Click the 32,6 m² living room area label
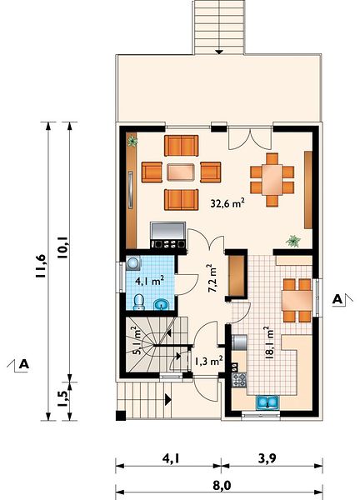point(227,202)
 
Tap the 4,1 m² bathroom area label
point(149,281)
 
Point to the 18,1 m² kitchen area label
point(269,342)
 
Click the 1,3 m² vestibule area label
point(208,361)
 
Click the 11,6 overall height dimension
point(41,267)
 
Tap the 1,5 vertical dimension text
point(62,398)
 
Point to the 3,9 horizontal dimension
point(267,458)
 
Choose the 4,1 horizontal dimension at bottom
point(171,458)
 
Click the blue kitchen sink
point(267,402)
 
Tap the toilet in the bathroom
point(138,302)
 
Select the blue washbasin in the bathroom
point(162,304)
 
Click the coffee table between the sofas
point(181,172)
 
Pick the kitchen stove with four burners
point(239,379)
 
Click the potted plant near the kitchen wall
point(293,241)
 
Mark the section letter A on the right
point(337,299)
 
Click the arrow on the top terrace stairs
point(218,51)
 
